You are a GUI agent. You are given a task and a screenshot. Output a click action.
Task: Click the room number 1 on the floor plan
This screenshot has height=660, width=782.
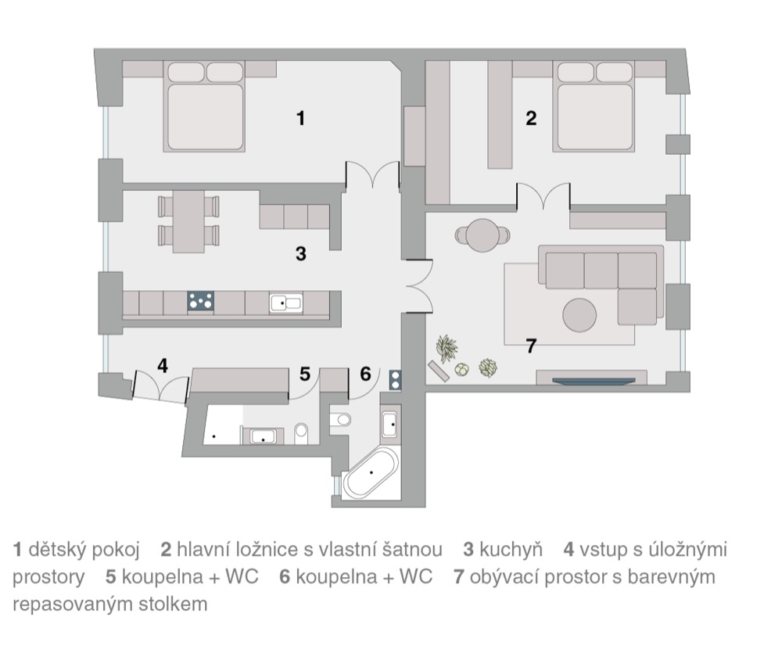pyautogui.click(x=300, y=118)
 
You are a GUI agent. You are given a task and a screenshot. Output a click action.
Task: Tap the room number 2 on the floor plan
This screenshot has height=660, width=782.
pyautogui.click(x=531, y=118)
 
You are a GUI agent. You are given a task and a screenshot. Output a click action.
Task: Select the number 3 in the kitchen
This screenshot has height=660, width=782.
pyautogui.click(x=300, y=253)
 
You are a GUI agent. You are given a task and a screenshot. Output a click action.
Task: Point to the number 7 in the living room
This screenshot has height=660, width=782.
pyautogui.click(x=531, y=345)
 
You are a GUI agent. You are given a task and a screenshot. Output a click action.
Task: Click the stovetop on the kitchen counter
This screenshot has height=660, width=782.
pyautogui.click(x=200, y=301)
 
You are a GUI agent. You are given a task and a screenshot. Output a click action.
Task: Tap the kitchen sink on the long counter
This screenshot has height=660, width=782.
pyautogui.click(x=285, y=303)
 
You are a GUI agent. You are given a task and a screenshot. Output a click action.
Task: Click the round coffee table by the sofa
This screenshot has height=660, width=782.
pyautogui.click(x=579, y=315)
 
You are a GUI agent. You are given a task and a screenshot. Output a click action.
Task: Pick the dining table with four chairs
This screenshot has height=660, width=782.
pyautogui.click(x=188, y=221)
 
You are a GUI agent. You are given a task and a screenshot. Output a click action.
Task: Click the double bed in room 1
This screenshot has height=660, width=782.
pyautogui.click(x=204, y=106)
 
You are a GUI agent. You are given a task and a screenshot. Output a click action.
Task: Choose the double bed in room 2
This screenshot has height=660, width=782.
pyautogui.click(x=594, y=106)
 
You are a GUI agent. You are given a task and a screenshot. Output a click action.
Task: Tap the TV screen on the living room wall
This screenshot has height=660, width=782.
pyautogui.click(x=594, y=382)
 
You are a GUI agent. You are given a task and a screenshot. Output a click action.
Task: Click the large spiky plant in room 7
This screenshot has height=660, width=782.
pyautogui.click(x=447, y=348)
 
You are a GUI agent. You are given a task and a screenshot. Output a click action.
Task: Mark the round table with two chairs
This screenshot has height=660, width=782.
pyautogui.click(x=482, y=235)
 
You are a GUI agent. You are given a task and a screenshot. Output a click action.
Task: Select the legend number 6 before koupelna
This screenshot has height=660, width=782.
pyautogui.click(x=285, y=576)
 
